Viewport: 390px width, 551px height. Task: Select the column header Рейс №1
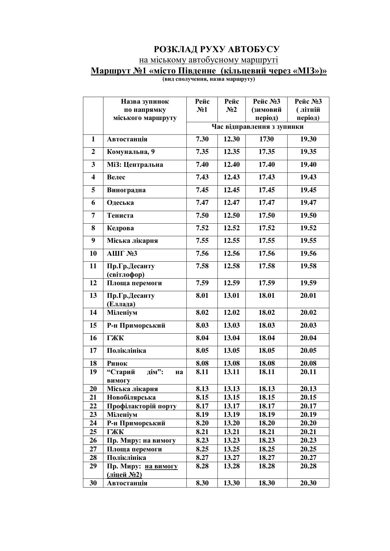tap(202, 106)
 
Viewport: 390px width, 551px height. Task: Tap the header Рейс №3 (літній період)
tap(308, 110)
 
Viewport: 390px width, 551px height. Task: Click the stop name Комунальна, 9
tap(131, 152)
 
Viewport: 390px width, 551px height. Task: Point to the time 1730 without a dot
tap(266, 139)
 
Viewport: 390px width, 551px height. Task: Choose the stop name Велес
tap(116, 177)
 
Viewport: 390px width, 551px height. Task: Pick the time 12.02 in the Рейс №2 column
tap(231, 313)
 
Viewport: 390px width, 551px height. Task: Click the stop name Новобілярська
tap(131, 397)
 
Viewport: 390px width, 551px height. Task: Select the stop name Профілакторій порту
tap(141, 406)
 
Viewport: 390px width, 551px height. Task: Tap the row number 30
tap(93, 483)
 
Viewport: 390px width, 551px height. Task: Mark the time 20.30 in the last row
tap(308, 483)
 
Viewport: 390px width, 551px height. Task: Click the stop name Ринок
tap(117, 363)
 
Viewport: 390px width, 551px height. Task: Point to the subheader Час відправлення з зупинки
tap(257, 127)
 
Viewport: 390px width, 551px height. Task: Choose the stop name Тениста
tap(120, 215)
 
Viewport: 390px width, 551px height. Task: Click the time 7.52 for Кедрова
tap(202, 228)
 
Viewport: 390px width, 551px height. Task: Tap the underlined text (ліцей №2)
tap(124, 475)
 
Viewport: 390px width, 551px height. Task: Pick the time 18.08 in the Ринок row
tap(266, 363)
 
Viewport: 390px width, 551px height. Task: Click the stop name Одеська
tap(120, 203)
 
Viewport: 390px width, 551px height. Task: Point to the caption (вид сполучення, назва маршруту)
tap(208, 79)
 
